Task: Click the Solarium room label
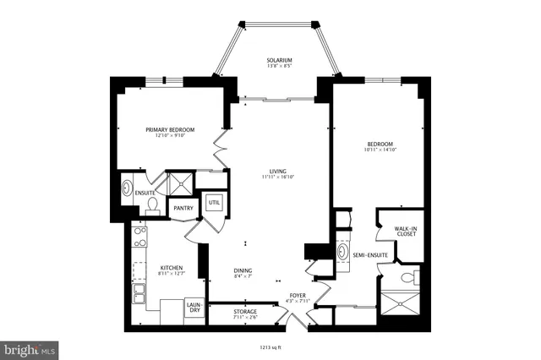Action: (x=279, y=61)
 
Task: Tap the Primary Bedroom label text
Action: (x=170, y=129)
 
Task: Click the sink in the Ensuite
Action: (x=128, y=188)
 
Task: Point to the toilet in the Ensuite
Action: (x=152, y=205)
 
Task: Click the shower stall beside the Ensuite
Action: (x=180, y=184)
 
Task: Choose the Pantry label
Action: (x=183, y=209)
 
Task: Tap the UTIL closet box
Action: (x=214, y=203)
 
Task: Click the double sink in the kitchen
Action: (x=139, y=294)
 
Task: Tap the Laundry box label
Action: (x=193, y=309)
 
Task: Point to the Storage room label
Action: (x=245, y=312)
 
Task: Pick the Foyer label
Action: (x=298, y=297)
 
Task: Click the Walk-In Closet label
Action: (x=406, y=231)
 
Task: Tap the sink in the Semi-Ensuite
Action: (x=342, y=252)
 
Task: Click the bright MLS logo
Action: (x=30, y=348)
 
